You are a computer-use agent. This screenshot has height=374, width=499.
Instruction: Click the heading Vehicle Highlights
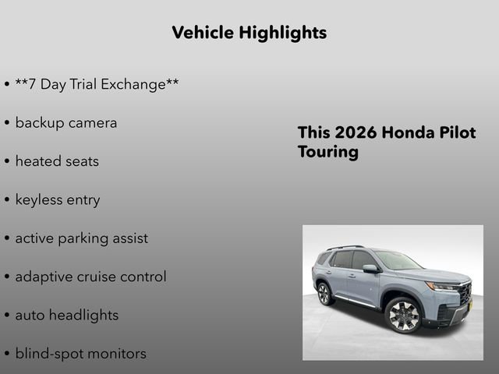click(249, 33)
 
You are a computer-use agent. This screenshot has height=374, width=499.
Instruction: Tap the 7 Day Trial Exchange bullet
click(97, 84)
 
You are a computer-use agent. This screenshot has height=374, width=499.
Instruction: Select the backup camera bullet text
click(65, 122)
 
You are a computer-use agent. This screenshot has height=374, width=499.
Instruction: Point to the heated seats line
click(57, 161)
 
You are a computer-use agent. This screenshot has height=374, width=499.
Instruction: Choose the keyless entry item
click(58, 199)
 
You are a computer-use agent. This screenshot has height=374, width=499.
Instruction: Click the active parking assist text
click(81, 238)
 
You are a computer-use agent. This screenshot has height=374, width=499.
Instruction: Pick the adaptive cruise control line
click(90, 277)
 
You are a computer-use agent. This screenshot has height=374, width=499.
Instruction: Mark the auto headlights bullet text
click(66, 315)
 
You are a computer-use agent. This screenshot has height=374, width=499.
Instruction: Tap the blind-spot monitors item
click(80, 353)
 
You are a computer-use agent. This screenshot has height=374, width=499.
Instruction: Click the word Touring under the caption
click(327, 151)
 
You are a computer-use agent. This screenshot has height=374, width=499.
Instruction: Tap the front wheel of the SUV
click(403, 315)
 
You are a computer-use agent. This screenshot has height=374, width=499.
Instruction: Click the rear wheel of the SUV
click(324, 293)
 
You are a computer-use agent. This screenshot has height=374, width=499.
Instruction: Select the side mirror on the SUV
click(370, 269)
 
